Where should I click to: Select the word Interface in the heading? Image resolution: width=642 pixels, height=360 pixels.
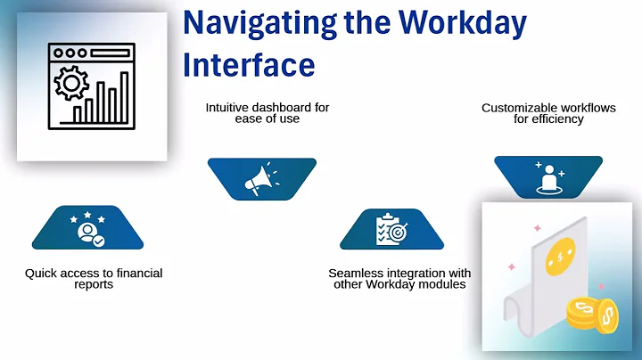[249, 63]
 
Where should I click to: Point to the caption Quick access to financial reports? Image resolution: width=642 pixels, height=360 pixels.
[94, 278]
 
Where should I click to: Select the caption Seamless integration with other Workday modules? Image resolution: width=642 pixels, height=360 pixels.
[399, 278]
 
